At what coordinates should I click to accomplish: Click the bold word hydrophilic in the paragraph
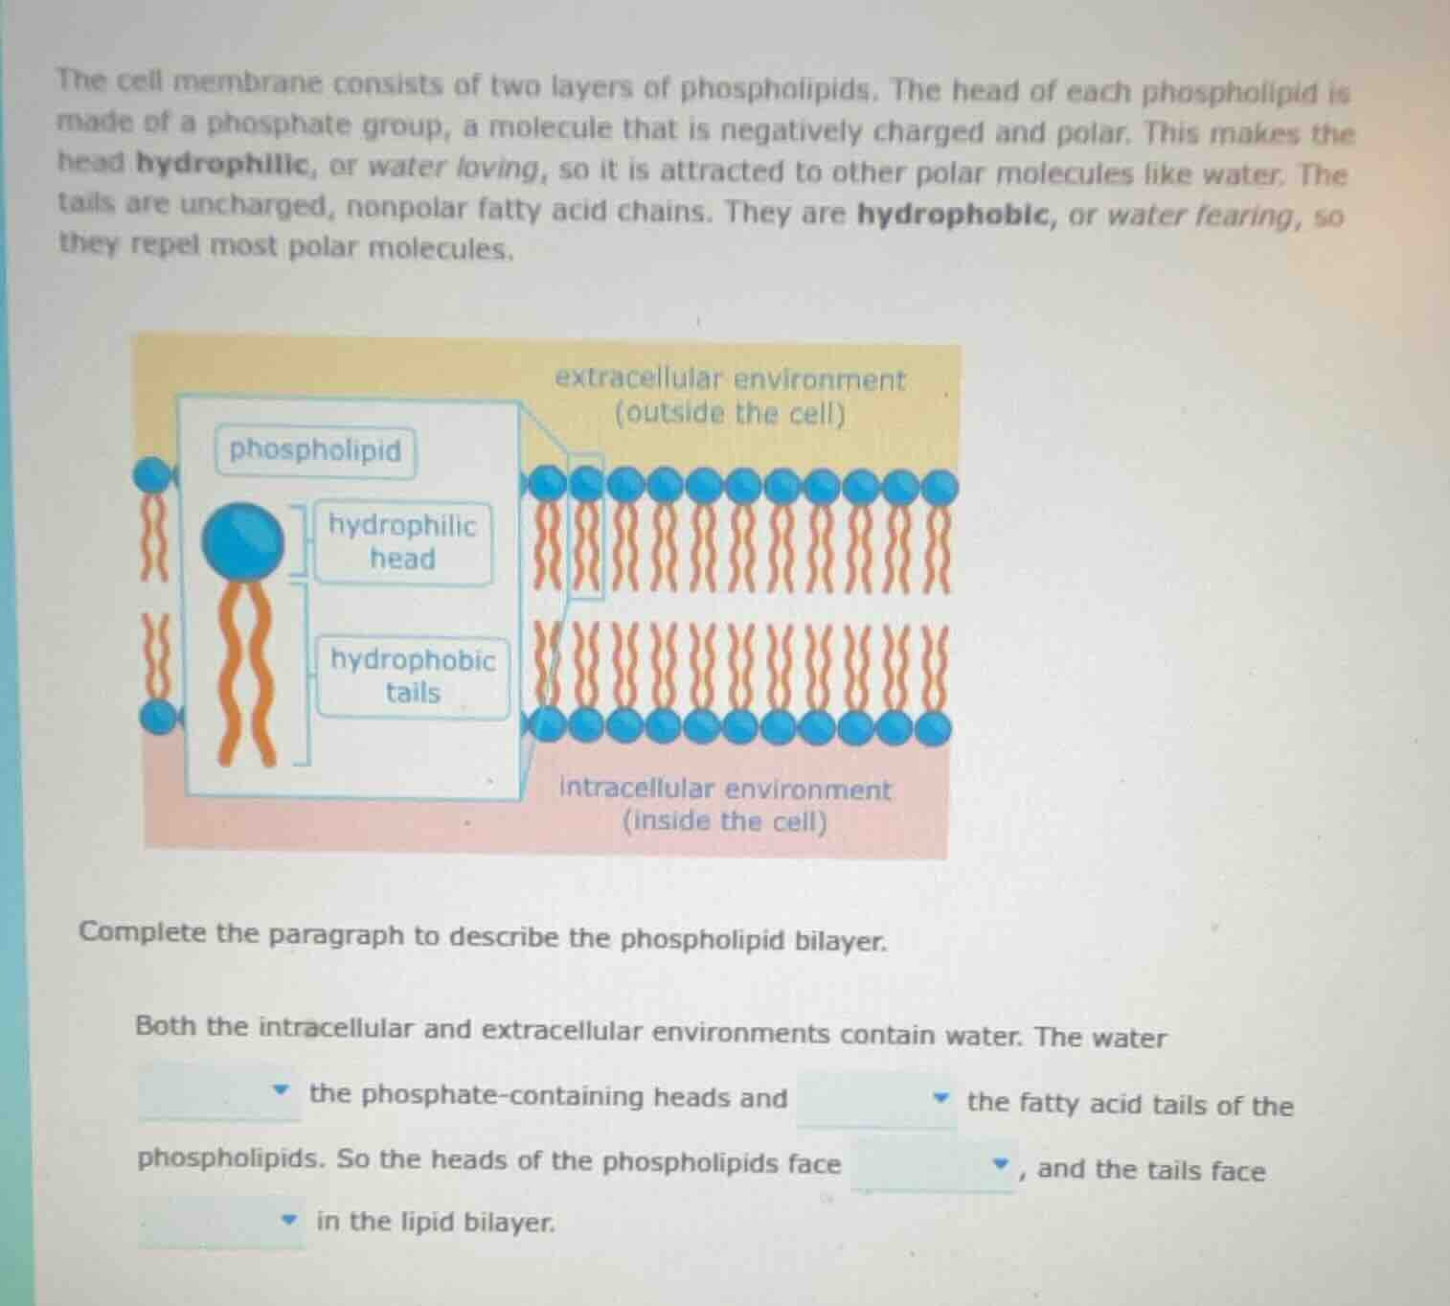[224, 165]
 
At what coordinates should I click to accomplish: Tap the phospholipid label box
[315, 450]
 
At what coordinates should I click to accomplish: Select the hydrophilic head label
[402, 542]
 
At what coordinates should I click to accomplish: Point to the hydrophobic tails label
[413, 676]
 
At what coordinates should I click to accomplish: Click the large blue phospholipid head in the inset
[242, 540]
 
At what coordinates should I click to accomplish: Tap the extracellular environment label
[730, 380]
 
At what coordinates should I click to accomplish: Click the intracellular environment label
[725, 790]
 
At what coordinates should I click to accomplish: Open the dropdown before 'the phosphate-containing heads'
[219, 1092]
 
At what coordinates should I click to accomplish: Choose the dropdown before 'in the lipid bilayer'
[221, 1221]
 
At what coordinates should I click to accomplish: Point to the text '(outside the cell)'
[730, 414]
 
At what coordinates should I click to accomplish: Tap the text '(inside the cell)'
[725, 822]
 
